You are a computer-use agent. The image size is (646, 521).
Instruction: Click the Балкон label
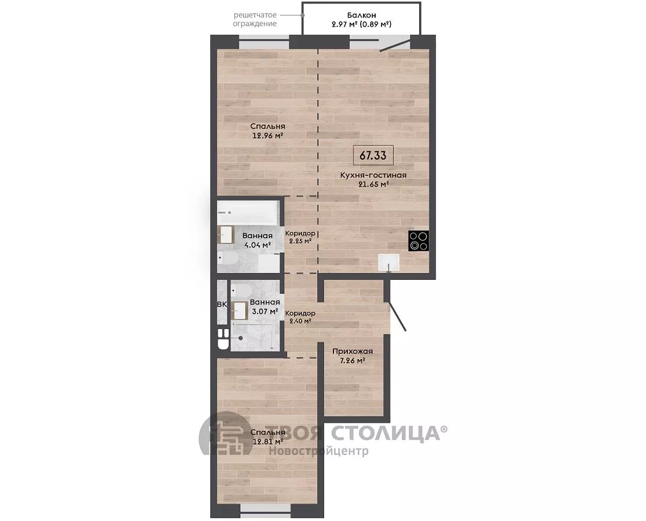click(361, 15)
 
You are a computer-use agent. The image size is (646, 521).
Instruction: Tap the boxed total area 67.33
click(373, 156)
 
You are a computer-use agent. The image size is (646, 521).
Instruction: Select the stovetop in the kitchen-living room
click(419, 241)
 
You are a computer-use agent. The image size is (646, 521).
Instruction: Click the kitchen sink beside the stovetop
click(389, 263)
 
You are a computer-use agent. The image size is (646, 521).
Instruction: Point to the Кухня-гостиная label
click(373, 175)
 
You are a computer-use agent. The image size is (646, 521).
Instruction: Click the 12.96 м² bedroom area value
click(268, 135)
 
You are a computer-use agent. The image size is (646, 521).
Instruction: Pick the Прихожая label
click(353, 352)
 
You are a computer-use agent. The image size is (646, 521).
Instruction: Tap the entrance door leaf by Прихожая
click(398, 316)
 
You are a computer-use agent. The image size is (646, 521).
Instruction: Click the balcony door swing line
click(395, 45)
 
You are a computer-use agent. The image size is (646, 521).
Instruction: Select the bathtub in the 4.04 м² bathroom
click(248, 213)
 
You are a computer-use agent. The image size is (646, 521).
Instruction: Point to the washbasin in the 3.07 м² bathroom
click(239, 311)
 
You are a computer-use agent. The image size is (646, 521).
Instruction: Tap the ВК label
click(222, 305)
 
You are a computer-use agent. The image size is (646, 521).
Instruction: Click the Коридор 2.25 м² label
click(300, 237)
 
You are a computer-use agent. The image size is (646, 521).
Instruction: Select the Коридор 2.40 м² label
click(300, 317)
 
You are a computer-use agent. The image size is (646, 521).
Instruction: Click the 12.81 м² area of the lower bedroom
click(268, 442)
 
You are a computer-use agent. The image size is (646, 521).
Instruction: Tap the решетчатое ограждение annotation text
click(255, 19)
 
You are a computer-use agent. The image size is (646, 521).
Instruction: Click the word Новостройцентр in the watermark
click(319, 451)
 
